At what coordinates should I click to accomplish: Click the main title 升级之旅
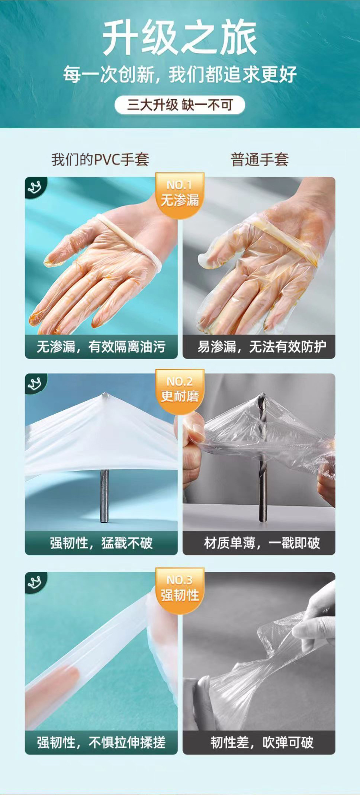pyautogui.click(x=180, y=38)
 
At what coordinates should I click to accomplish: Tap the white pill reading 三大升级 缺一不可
pyautogui.click(x=180, y=105)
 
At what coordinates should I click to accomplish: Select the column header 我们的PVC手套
pyautogui.click(x=100, y=160)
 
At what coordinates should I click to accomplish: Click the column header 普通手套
pyautogui.click(x=260, y=160)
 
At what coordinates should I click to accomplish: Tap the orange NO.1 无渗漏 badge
pyautogui.click(x=180, y=194)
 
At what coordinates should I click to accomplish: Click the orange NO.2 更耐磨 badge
pyautogui.click(x=180, y=391)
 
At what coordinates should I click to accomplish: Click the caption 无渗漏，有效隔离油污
pyautogui.click(x=101, y=347)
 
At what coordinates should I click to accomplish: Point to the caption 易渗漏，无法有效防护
pyautogui.click(x=261, y=347)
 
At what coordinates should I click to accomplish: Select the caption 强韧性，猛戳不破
pyautogui.click(x=101, y=543)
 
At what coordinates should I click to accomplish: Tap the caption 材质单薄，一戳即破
pyautogui.click(x=262, y=543)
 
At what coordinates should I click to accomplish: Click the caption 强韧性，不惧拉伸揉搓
pyautogui.click(x=101, y=743)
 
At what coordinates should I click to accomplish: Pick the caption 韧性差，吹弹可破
pyautogui.click(x=262, y=743)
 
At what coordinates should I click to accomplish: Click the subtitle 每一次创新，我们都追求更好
pyautogui.click(x=180, y=74)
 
